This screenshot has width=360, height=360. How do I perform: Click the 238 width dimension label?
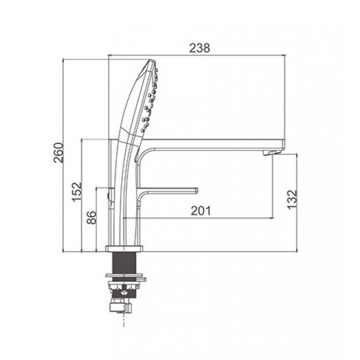click(x=199, y=48)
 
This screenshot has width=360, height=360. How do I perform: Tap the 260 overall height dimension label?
click(x=58, y=153)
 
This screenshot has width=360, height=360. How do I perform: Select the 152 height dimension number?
click(x=76, y=192)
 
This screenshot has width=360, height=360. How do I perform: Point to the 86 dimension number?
click(x=91, y=217)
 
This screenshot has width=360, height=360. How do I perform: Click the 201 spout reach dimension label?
click(x=200, y=211)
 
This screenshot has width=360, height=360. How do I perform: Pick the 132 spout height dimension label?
click(x=292, y=199)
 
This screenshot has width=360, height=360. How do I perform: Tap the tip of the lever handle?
click(x=196, y=190)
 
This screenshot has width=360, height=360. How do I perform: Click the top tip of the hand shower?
click(x=151, y=60)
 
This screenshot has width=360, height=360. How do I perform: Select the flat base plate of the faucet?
click(x=124, y=249)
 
